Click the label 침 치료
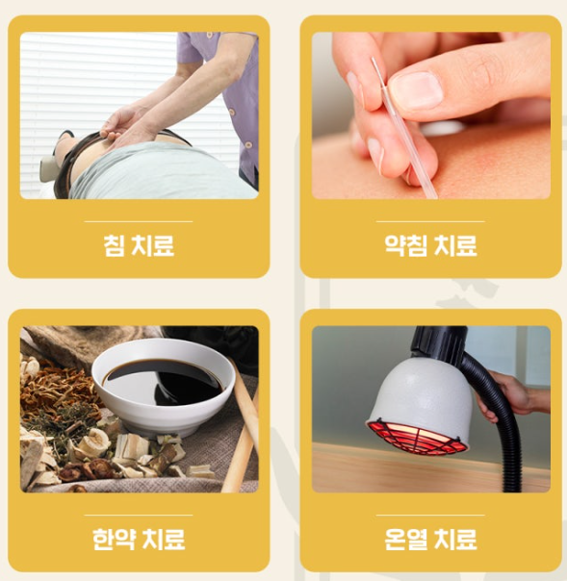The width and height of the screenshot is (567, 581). (139, 245)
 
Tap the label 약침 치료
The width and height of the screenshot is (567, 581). (430, 245)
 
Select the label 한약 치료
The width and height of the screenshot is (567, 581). (139, 539)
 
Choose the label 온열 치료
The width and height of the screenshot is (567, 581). (430, 539)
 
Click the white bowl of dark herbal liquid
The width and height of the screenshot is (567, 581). (163, 386)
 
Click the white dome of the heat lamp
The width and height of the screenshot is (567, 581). (421, 392)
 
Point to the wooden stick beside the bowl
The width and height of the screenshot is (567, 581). (243, 426)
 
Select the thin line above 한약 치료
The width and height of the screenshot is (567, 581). (139, 515)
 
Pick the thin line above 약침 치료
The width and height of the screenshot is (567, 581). (430, 221)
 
